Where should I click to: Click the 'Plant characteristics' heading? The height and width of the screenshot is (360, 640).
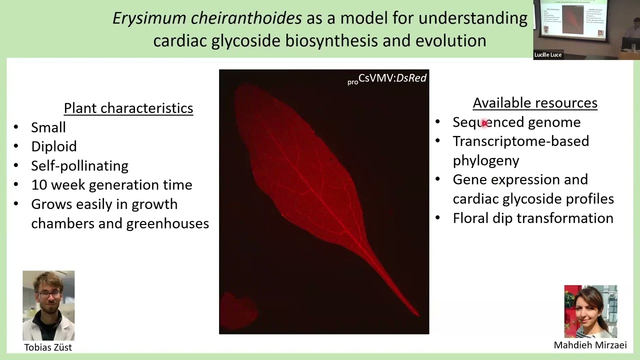coord(128,108)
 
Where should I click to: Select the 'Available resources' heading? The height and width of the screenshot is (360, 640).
coord(534,103)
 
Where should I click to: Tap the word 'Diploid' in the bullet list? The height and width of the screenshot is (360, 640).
coord(53,146)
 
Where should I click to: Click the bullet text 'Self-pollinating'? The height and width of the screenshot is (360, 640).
coord(79,165)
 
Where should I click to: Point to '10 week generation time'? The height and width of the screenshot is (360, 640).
coord(111,185)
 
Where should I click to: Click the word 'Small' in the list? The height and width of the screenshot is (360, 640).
coord(48,127)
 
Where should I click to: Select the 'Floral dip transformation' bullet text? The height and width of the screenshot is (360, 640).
coord(532,218)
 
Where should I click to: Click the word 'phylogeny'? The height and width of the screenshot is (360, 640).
coord(485,160)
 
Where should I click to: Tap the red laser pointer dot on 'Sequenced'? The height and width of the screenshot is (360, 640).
coord(484,123)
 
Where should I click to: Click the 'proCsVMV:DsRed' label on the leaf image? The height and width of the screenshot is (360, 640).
coord(387,78)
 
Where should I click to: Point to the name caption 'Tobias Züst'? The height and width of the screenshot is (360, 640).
coord(48,347)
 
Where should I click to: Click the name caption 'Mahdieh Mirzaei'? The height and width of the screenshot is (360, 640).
coord(590,345)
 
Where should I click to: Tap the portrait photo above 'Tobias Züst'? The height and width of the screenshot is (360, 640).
coord(48,305)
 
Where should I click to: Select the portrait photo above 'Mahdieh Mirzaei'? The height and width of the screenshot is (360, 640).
coord(590,311)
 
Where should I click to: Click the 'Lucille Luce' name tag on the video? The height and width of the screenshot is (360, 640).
coord(548,55)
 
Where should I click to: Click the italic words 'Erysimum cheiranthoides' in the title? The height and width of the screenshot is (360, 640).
coord(207,18)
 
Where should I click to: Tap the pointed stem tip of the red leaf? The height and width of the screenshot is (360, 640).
coord(417,314)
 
